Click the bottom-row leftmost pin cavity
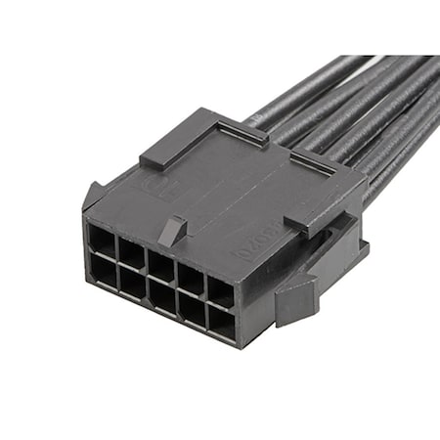coord(104,267)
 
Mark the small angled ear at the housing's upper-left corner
coord(93,194)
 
